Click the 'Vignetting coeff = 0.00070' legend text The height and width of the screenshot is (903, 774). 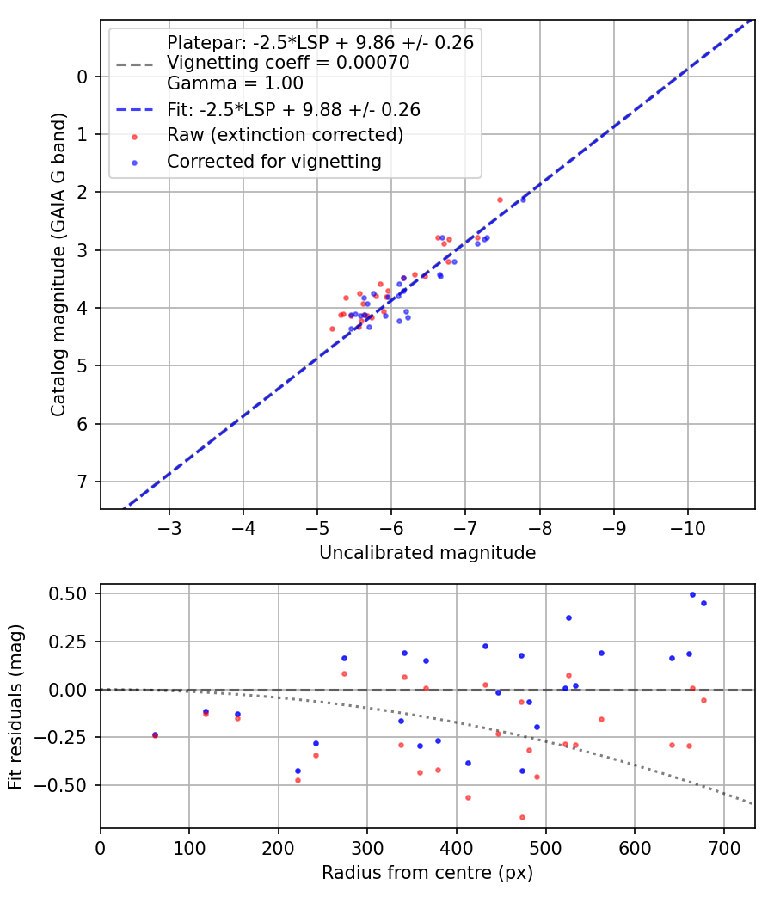coord(287,63)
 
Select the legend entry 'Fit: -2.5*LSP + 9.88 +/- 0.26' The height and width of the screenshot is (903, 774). coord(292,110)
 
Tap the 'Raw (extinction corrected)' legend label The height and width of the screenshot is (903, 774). coord(285,135)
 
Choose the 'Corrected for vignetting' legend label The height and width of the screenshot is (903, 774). coord(273,161)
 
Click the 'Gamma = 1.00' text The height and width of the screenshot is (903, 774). coord(235,84)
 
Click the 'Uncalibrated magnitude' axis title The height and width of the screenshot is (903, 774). coord(427,553)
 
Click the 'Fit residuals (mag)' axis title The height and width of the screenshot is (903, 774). coord(15,707)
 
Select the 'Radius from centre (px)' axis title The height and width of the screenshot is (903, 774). coord(427,873)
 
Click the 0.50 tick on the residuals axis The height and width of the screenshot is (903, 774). coord(72,594)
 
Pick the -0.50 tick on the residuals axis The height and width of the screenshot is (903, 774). coord(68,785)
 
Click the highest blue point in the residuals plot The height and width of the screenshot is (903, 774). coord(692,594)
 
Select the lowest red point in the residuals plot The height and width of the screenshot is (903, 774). coord(522,817)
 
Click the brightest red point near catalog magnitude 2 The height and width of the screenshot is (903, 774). coord(500,200)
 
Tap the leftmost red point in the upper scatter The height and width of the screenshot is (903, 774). coord(332,329)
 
